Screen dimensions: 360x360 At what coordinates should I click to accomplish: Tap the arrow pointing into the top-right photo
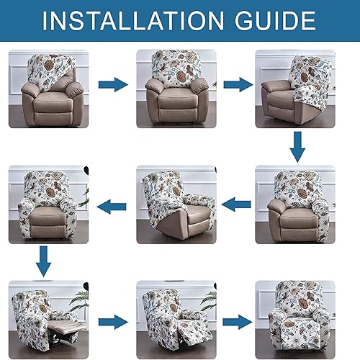click(x=237, y=84)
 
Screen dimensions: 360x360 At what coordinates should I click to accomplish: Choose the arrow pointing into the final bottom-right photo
click(x=237, y=322)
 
